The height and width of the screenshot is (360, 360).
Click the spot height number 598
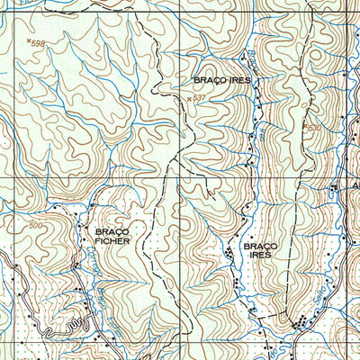[38, 43]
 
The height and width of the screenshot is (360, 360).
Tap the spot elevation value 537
[200, 97]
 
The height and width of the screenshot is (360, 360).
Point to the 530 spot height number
[314, 128]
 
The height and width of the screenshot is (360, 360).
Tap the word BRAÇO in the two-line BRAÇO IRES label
[258, 245]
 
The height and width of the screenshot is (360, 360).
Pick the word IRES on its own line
[258, 256]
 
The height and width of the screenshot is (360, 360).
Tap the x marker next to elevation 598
[28, 40]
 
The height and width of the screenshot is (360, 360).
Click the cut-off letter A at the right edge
[355, 188]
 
